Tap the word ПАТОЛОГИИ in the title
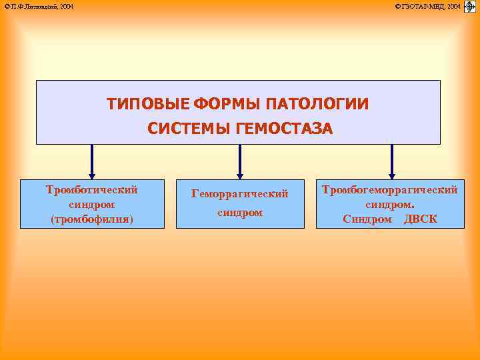point(317,105)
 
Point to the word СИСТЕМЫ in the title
point(189,129)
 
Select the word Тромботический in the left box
point(92,189)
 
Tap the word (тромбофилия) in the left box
point(92,219)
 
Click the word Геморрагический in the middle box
point(240,193)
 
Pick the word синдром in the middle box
point(240,213)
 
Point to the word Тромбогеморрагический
point(390,189)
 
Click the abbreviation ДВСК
point(421,219)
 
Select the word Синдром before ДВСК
point(367,219)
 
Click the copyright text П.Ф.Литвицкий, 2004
point(39,6)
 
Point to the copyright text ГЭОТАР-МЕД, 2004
point(427,6)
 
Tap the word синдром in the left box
point(92,204)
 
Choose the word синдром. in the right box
point(390,204)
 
